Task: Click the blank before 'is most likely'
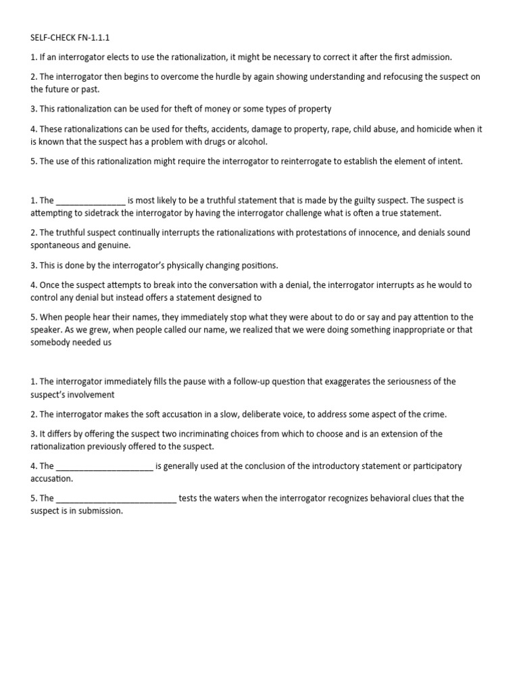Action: pyautogui.click(x=91, y=201)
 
